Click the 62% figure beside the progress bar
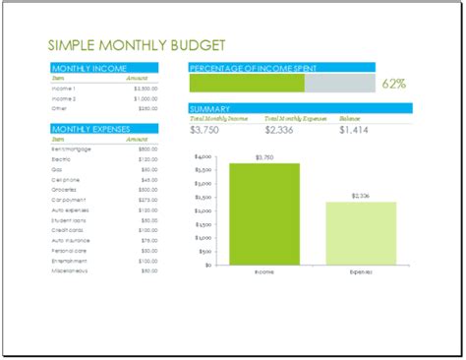tap(392, 85)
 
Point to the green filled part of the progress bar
tap(246, 85)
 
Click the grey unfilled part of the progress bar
tap(339, 85)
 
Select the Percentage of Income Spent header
tap(256, 68)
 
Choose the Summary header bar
tap(210, 108)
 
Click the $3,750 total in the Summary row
tap(207, 129)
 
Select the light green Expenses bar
tap(361, 233)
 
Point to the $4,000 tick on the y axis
tap(202, 156)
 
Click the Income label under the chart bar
tap(264, 272)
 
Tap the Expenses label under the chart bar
tap(361, 272)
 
